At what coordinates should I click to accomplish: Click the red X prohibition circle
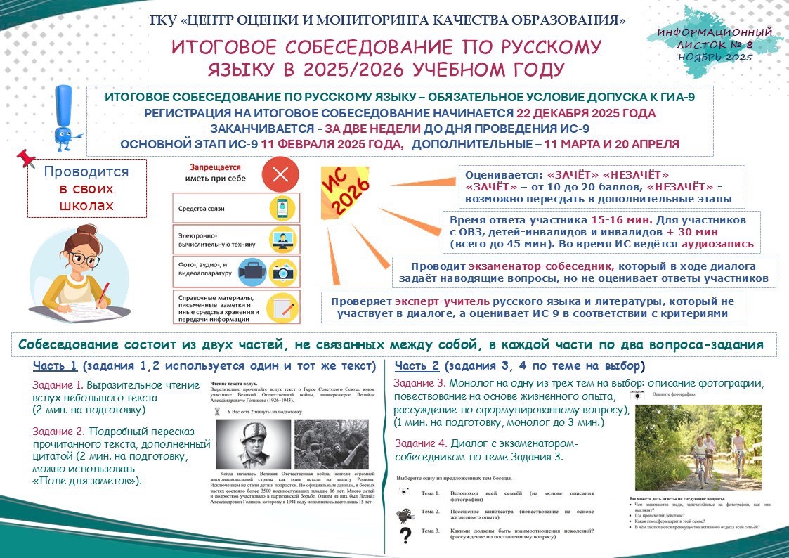(280, 175)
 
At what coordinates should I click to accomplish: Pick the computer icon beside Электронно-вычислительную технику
(281, 239)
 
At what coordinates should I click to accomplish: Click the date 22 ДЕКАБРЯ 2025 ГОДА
(586, 113)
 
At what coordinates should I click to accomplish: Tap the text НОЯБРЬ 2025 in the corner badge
(715, 58)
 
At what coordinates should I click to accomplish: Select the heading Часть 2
(417, 366)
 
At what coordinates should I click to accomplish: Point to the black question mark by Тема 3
(405, 536)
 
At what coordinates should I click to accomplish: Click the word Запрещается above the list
(215, 168)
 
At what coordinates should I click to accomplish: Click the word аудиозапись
(717, 244)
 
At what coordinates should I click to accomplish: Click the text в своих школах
(86, 197)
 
